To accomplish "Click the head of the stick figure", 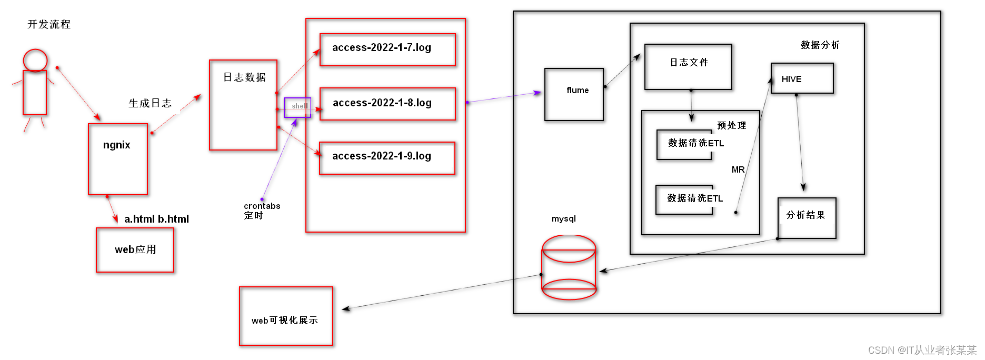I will point(35,60).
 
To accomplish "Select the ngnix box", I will point(118,159).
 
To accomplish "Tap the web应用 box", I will point(135,249).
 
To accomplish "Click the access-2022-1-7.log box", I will point(387,49).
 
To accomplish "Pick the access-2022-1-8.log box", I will point(387,104).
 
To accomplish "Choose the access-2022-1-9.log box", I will point(387,158).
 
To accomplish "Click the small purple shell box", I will point(297,107).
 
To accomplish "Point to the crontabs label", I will point(262,206).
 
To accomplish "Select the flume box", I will point(574,94).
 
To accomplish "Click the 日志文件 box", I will point(688,67).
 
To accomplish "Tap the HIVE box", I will point(802,78).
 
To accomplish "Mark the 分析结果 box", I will point(807,218).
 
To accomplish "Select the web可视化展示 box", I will point(286,316).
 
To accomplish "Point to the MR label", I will point(738,169).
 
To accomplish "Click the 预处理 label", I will point(731,125).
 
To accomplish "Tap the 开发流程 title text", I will point(49,24).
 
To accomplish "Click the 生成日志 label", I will point(150,103).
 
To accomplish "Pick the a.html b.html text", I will point(156,219).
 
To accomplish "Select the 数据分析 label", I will point(820,45).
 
